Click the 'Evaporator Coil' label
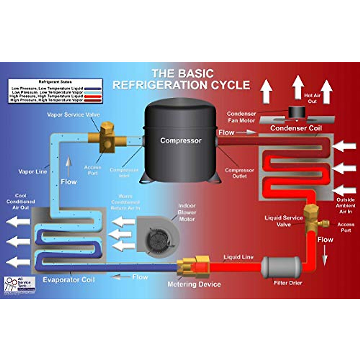click(69, 280)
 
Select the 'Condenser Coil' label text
click(296, 128)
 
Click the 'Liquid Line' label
click(238, 257)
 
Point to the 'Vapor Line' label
click(33, 172)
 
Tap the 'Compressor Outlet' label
click(239, 173)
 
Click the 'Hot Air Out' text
click(312, 98)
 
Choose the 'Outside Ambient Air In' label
click(346, 205)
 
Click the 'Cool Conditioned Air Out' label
click(21, 202)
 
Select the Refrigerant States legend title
click(55, 82)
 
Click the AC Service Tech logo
click(20, 284)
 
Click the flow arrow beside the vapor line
click(68, 166)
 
